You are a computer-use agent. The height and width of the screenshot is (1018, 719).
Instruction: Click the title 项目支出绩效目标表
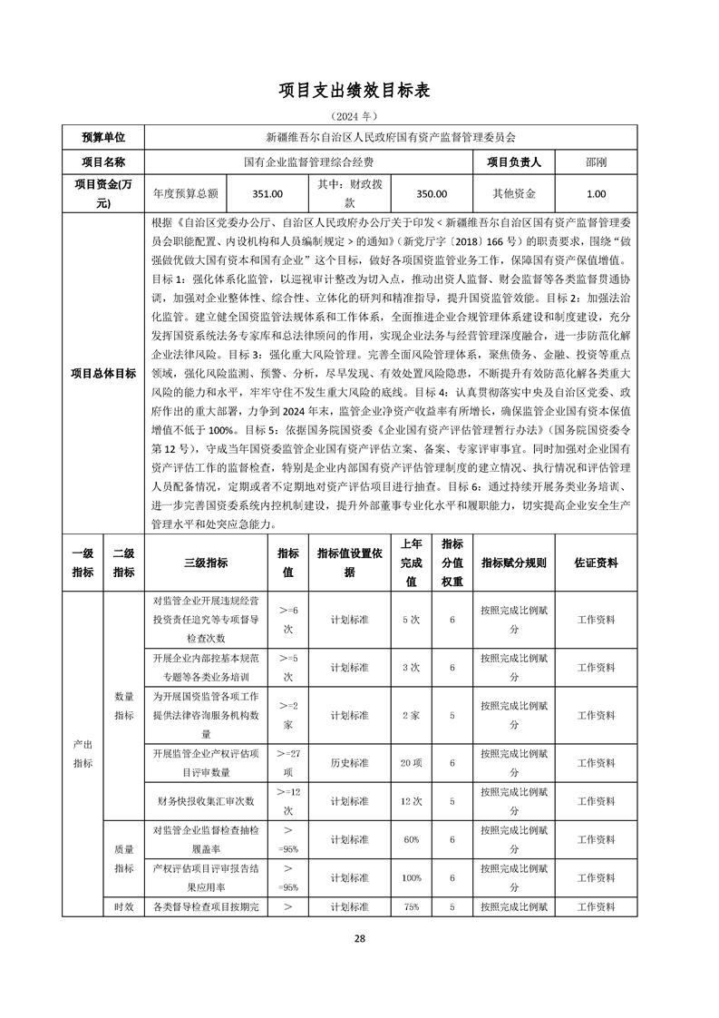coord(359,91)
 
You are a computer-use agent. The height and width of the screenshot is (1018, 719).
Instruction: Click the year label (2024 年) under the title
coord(359,117)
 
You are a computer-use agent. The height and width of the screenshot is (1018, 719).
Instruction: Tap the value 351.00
coord(267,193)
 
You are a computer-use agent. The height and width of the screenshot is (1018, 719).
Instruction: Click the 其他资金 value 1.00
coord(597,193)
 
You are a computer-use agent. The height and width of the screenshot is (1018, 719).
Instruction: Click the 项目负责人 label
coord(514,162)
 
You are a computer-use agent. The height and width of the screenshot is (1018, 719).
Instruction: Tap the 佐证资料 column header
coord(597,563)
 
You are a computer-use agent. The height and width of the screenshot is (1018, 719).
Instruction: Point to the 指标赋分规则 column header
coord(514,563)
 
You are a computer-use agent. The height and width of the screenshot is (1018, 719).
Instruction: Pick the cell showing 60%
coord(412,840)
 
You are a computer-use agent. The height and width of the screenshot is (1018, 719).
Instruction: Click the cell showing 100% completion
coord(412,878)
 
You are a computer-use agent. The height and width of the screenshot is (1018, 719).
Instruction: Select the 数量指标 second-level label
coord(124,706)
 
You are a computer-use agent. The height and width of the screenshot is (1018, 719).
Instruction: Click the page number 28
coord(359,938)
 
